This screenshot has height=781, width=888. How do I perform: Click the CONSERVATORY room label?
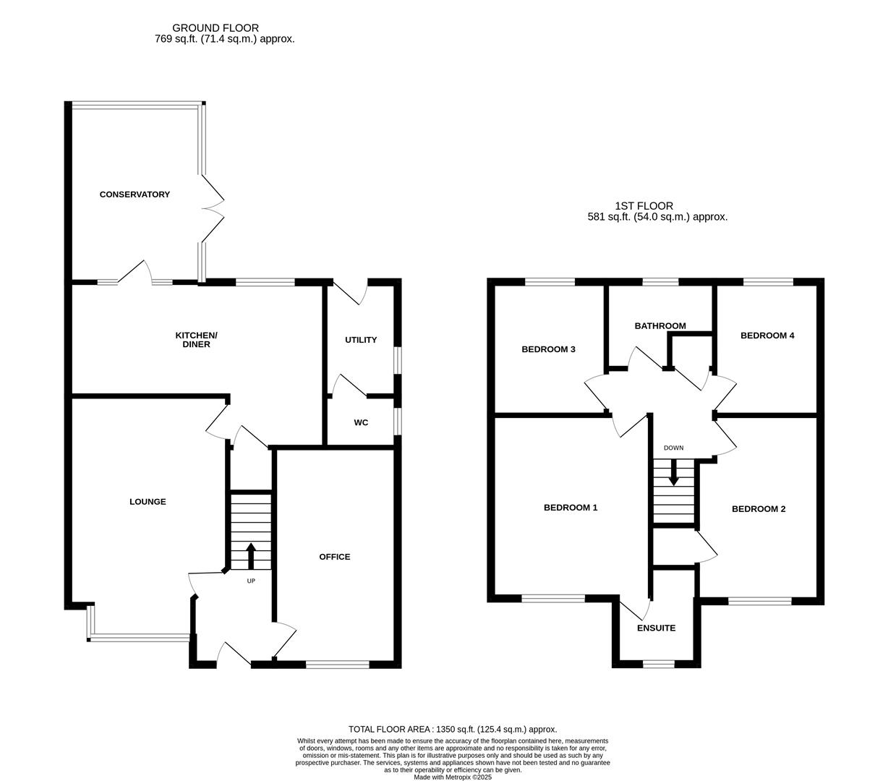click(x=135, y=195)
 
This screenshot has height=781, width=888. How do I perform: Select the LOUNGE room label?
click(x=148, y=502)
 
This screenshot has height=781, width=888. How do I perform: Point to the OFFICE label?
click(x=334, y=557)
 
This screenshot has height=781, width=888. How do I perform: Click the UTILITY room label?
click(x=360, y=340)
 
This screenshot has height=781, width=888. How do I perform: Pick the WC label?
click(x=361, y=422)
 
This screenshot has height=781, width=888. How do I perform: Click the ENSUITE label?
click(x=656, y=628)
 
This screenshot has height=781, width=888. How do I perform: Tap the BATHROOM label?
click(x=659, y=326)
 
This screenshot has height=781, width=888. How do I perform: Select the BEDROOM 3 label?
click(x=548, y=350)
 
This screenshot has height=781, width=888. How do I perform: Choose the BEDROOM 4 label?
click(x=767, y=336)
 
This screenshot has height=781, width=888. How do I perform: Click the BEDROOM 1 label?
click(x=571, y=508)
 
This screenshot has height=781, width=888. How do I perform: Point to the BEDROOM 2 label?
click(x=759, y=509)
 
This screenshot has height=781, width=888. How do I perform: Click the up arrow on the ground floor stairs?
click(x=251, y=555)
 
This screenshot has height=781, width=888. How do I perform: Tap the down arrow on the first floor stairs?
click(x=673, y=474)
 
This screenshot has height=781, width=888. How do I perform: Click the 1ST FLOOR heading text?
click(x=644, y=206)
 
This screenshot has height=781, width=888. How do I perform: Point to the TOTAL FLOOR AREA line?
click(x=453, y=730)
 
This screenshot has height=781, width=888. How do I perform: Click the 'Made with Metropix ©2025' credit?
click(x=453, y=777)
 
